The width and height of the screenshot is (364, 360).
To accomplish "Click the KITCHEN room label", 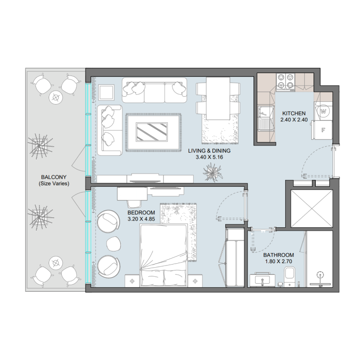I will [x=297, y=113].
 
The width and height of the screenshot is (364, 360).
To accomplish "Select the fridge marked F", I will [x=323, y=130].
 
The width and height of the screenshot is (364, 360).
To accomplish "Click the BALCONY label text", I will [x=54, y=177].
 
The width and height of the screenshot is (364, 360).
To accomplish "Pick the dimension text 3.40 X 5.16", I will [x=210, y=157].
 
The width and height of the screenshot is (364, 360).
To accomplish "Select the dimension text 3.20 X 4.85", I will [x=142, y=219].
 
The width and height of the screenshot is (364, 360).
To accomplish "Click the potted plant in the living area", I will [x=212, y=172].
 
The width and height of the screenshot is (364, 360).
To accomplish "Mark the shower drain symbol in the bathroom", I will [x=321, y=275].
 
